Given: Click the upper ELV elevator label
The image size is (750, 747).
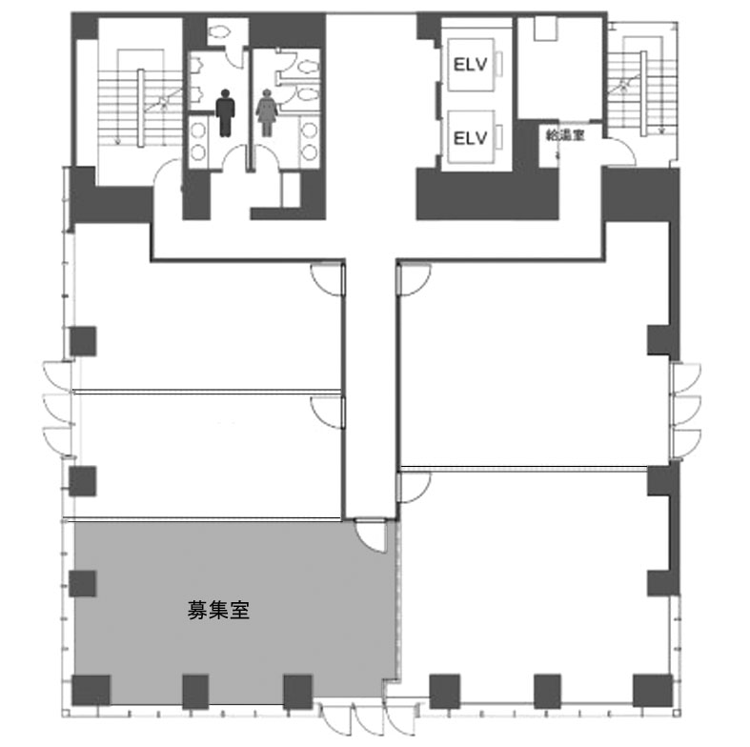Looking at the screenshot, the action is [x=470, y=65].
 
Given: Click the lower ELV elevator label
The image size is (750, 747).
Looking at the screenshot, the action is [x=470, y=138].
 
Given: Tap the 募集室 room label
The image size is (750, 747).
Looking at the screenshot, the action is [x=218, y=610].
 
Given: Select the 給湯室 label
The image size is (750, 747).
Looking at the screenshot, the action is [x=565, y=135].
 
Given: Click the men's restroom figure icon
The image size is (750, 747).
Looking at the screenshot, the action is [x=225, y=112].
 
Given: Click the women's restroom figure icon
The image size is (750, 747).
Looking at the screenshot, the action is [x=267, y=112].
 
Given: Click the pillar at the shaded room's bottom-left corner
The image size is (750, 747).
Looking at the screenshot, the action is [x=91, y=691].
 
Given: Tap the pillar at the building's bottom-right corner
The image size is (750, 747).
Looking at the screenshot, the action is [x=653, y=691].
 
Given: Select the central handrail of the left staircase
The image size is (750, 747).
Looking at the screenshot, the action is [x=141, y=108].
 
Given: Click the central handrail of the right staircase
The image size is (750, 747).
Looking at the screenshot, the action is [x=643, y=92].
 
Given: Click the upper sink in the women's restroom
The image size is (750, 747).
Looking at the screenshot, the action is [x=310, y=131].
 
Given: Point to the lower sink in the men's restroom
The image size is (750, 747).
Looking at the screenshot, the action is [x=198, y=152].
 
